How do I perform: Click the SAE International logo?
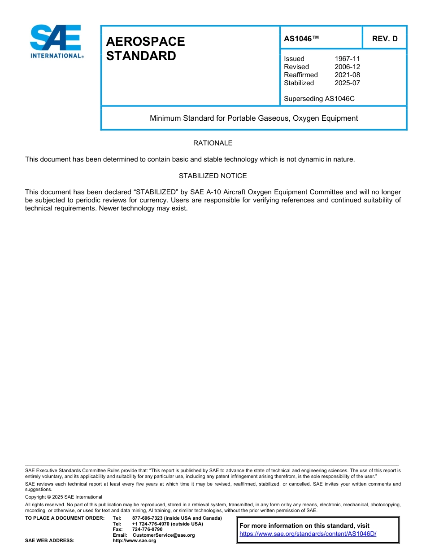click(56, 41)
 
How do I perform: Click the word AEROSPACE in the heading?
click(145, 41)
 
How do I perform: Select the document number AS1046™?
click(301, 39)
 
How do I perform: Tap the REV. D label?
click(384, 39)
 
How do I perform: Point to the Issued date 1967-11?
click(347, 59)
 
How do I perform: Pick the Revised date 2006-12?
click(347, 67)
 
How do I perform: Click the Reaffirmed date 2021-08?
click(347, 75)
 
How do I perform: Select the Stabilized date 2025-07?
click(347, 83)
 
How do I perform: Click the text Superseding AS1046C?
click(319, 99)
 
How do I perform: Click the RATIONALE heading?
click(213, 143)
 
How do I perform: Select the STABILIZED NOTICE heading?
click(213, 176)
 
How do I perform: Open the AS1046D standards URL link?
click(308, 534)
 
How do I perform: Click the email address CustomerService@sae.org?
click(164, 535)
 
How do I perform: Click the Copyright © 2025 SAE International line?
click(64, 497)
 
